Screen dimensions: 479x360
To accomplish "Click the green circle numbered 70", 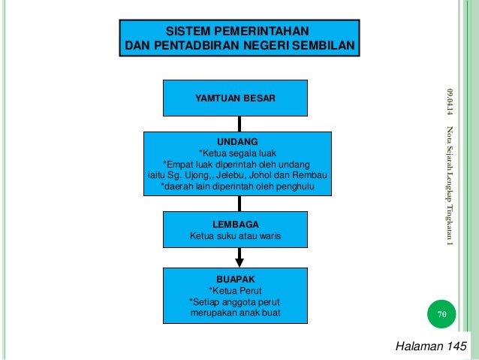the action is tap(441, 314).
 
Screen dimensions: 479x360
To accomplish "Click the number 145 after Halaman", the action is tap(451, 345).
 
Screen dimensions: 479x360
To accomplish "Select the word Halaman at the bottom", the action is tap(417, 345).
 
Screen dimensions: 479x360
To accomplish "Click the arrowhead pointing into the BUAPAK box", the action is tap(239, 261).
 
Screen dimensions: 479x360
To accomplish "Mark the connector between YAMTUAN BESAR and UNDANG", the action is tap(239, 123).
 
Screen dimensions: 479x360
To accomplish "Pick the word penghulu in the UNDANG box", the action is tap(294, 187).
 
